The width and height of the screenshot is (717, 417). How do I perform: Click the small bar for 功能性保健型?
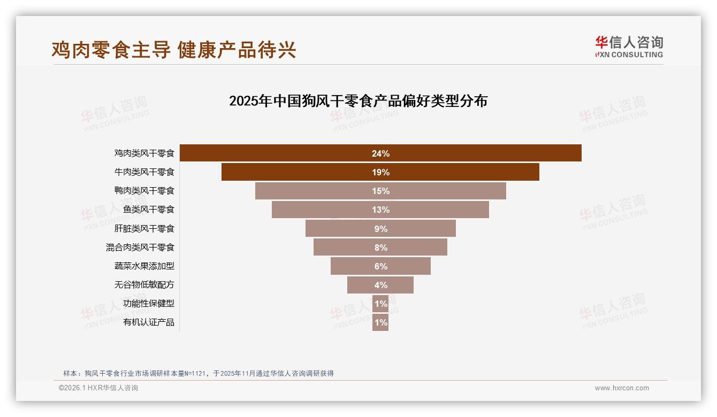coord(380,304)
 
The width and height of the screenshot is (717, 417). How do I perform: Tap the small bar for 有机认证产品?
coord(380,322)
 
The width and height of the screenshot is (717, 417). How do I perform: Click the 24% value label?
coord(380,153)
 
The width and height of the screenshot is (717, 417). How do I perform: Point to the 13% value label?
coord(380,210)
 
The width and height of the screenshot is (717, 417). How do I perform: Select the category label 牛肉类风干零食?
coord(144,172)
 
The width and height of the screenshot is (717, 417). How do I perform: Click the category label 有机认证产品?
coord(148,322)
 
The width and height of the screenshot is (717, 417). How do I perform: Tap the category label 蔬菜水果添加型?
coord(144,266)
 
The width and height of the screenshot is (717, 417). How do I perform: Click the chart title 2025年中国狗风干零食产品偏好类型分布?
coord(358,101)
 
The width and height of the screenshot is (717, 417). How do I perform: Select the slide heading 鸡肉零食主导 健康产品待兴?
coord(174,50)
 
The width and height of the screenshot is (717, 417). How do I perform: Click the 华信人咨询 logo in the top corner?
coord(629,47)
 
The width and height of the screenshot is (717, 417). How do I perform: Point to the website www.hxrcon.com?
coord(622,388)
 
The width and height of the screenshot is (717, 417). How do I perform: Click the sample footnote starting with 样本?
coord(199,373)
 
